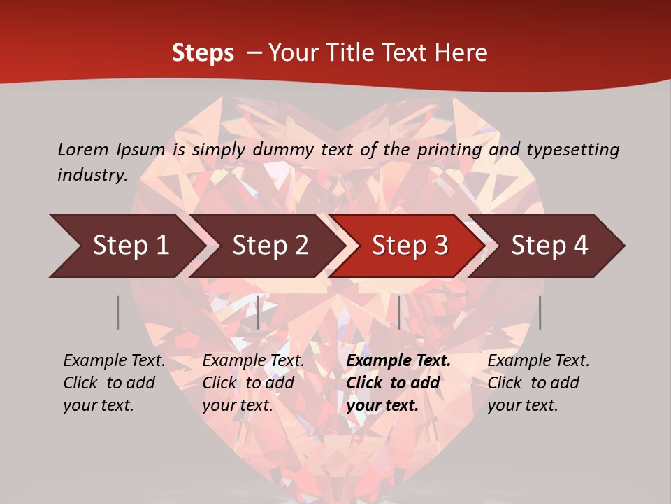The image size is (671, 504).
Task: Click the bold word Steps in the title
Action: [203, 53]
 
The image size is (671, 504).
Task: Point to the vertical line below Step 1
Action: [118, 312]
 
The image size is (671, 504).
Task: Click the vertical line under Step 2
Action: [258, 312]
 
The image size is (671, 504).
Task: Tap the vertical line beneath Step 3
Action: [399, 312]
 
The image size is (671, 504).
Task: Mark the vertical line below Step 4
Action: [540, 312]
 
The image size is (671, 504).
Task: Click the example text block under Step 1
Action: [114, 383]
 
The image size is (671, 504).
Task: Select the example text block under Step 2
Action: [253, 383]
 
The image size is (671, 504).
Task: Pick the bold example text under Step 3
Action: [398, 383]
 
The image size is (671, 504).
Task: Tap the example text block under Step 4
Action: [538, 383]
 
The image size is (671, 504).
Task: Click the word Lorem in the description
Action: [83, 150]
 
